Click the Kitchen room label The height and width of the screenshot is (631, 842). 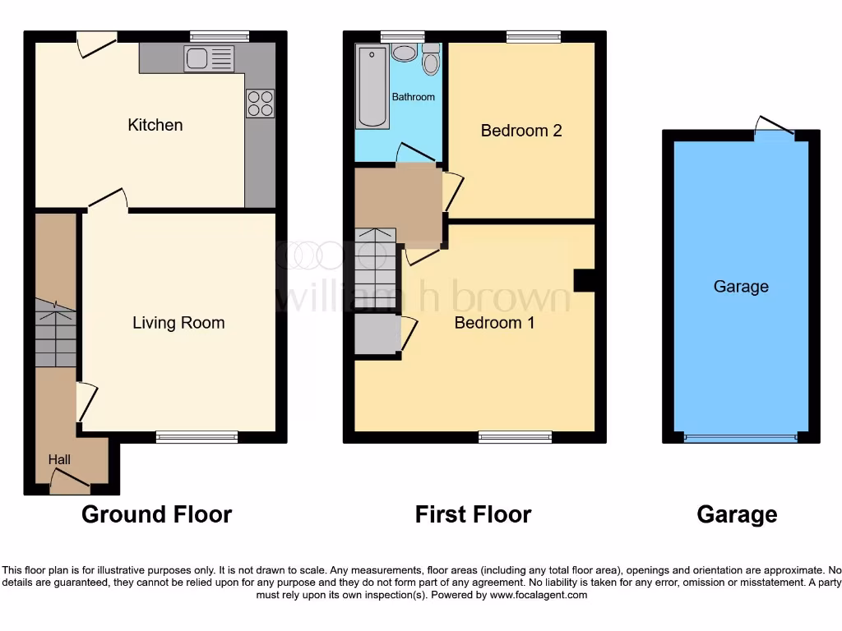pos(155,125)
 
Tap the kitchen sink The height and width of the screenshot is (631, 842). pos(209,58)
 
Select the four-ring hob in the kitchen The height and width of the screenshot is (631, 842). pos(260,103)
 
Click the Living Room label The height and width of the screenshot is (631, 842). pos(178,323)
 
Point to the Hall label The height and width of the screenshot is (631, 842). pos(59,459)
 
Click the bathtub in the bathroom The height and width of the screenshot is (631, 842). pos(372,86)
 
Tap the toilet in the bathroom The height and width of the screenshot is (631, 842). pos(431,62)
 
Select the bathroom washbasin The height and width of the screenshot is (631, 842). pos(404,53)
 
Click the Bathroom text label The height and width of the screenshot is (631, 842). pos(413,97)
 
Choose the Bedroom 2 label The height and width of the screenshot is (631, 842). pos(521,131)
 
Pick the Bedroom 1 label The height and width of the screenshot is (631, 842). pos(494,323)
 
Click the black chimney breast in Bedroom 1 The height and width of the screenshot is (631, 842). pos(584,280)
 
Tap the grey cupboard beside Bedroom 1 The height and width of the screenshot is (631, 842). pos(377,334)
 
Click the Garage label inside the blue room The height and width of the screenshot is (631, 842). pos(741,287)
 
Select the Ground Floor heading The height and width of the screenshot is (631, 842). pos(156,515)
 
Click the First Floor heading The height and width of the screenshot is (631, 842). pos(473,515)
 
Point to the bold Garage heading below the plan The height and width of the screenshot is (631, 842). pos(737,515)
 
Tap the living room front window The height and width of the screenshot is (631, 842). pos(197,436)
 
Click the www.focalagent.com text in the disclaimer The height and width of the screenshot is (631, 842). pos(539,595)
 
